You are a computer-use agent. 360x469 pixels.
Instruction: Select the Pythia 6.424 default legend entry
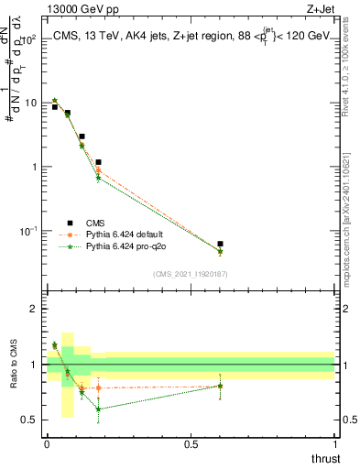[x=127, y=234]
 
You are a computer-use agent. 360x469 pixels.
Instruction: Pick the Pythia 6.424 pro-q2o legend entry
[x=127, y=247]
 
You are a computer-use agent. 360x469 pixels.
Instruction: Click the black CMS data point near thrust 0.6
[x=220, y=245]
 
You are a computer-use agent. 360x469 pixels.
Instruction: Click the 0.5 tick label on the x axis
[x=191, y=443]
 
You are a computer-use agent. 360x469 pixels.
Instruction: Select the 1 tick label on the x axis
[x=335, y=443]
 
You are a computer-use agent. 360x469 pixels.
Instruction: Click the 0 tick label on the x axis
[x=47, y=443]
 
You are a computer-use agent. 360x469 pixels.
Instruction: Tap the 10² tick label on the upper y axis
[x=29, y=38]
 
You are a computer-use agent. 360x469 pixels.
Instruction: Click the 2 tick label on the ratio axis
[x=34, y=309]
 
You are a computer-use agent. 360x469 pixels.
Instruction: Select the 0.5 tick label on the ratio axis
[x=29, y=420]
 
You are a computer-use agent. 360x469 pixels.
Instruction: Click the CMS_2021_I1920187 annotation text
[x=190, y=274]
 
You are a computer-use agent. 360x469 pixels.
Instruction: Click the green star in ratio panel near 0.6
[x=220, y=386]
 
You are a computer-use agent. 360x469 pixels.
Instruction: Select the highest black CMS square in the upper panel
[x=55, y=107]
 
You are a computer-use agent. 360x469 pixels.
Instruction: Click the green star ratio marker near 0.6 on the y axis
[x=98, y=409]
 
